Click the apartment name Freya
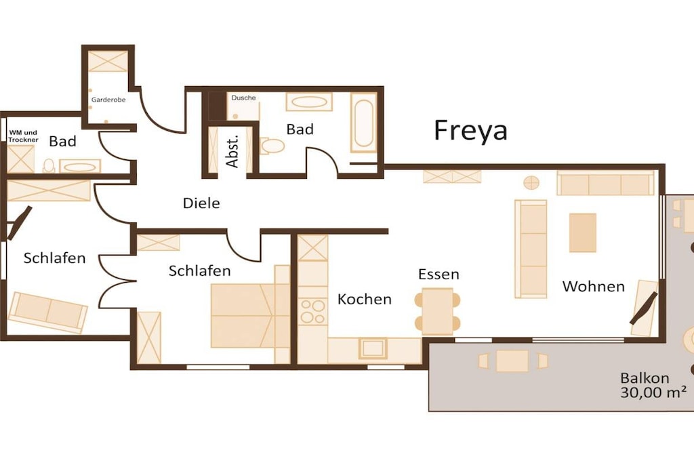coord(470,131)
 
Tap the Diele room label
coord(201,203)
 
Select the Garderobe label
coord(108,100)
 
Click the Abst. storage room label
coord(232,151)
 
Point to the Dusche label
coord(243,98)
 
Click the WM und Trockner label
coord(24,136)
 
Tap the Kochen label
coord(364,299)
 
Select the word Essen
coord(438,275)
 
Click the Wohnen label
coord(594,286)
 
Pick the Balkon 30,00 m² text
coord(653,385)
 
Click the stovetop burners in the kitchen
coord(312,312)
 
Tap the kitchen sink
coord(373,348)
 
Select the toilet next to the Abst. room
coord(272,146)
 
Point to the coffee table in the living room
coord(582,233)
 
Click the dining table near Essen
coord(437,311)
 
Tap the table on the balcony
coord(512,361)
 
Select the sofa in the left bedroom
coord(48,312)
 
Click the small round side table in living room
coord(531,182)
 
